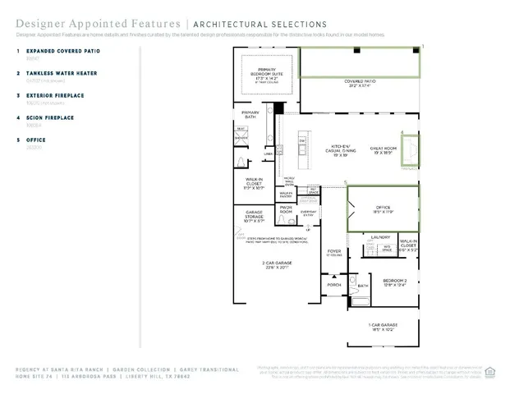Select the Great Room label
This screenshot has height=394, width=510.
point(383,150)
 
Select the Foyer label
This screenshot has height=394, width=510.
point(334,253)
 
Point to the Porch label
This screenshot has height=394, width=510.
point(334,285)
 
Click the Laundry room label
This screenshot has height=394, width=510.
point(380,237)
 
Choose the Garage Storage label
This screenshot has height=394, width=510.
point(253,213)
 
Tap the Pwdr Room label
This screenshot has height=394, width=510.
point(286,211)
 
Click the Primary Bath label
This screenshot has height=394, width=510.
point(250,115)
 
